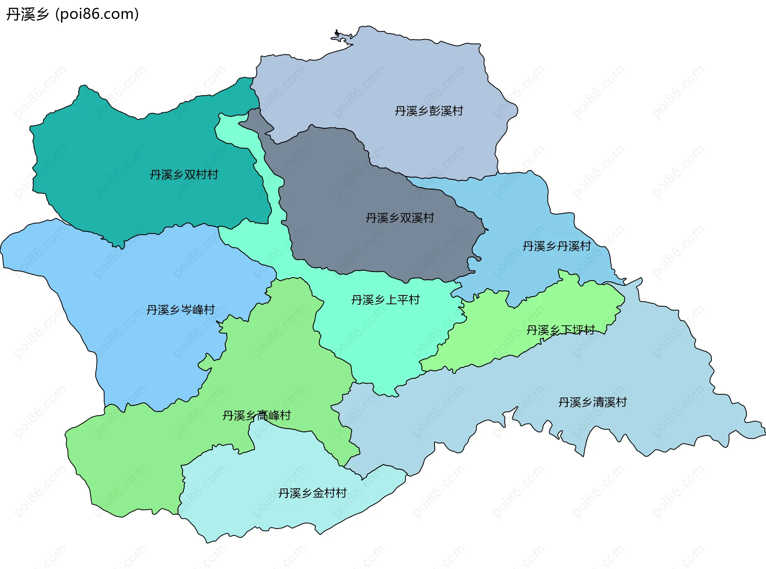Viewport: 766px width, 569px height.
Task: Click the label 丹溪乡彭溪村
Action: pyautogui.click(x=429, y=111)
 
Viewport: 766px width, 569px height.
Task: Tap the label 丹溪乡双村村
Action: pyautogui.click(x=184, y=174)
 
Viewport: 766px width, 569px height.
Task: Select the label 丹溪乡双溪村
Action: pyautogui.click(x=400, y=218)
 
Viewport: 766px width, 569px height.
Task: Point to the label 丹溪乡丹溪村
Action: pyautogui.click(x=557, y=246)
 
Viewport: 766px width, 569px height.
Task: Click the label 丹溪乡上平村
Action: pyautogui.click(x=385, y=300)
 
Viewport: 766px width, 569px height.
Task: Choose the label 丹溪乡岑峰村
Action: pyautogui.click(x=180, y=310)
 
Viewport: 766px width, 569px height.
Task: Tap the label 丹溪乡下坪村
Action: pyautogui.click(x=560, y=330)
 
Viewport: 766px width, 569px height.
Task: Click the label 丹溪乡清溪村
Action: pyautogui.click(x=592, y=402)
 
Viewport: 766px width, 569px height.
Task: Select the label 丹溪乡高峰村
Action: pyautogui.click(x=256, y=416)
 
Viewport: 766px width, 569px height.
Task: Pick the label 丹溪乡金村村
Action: pyautogui.click(x=312, y=493)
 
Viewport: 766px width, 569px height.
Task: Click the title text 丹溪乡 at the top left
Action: pyautogui.click(x=27, y=14)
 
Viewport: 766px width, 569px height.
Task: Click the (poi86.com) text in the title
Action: pyautogui.click(x=97, y=14)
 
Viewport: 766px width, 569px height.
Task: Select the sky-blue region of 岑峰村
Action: pyautogui.click(x=140, y=351)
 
